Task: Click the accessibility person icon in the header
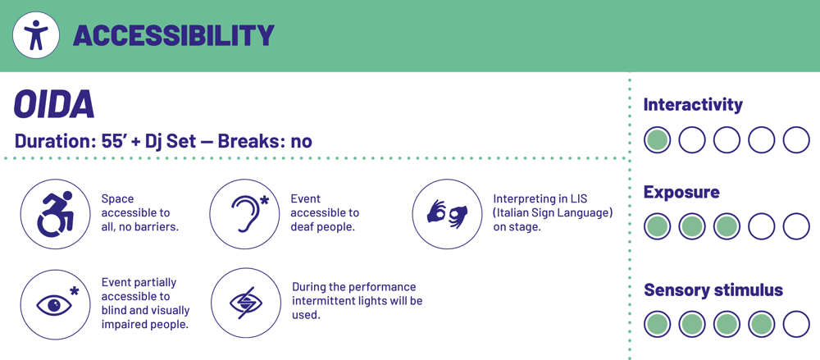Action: click(35, 35)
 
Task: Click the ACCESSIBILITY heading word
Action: click(174, 35)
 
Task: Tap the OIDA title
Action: click(54, 104)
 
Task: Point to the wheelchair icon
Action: click(55, 213)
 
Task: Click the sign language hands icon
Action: click(447, 213)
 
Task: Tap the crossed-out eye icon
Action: click(246, 303)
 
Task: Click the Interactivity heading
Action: click(693, 105)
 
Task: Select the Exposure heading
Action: click(681, 193)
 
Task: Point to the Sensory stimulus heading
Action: click(713, 289)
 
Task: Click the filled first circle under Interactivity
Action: click(657, 139)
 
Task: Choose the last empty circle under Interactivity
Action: click(796, 139)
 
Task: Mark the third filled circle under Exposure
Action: click(727, 226)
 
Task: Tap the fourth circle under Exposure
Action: click(762, 226)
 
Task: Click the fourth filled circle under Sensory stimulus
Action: click(762, 324)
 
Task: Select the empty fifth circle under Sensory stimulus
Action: click(796, 324)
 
